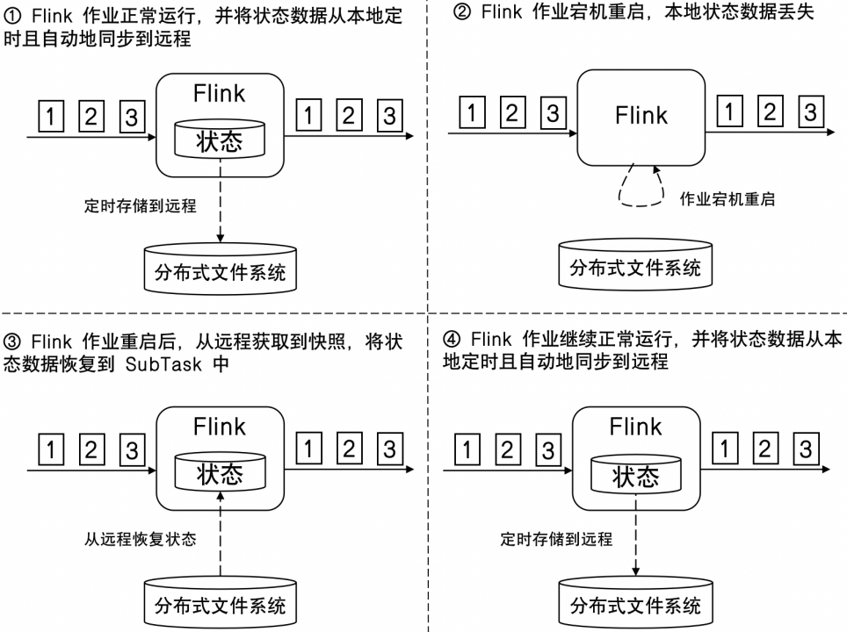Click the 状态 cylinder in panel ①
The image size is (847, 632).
pyautogui.click(x=219, y=138)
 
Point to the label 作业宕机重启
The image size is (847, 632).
pyautogui.click(x=727, y=199)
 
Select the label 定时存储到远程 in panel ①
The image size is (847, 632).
pyautogui.click(x=140, y=206)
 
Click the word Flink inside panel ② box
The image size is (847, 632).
pyautogui.click(x=641, y=115)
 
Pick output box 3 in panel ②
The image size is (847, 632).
pyautogui.click(x=810, y=111)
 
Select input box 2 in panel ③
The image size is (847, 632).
pyautogui.click(x=91, y=449)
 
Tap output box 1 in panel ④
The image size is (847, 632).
pyautogui.click(x=724, y=449)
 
